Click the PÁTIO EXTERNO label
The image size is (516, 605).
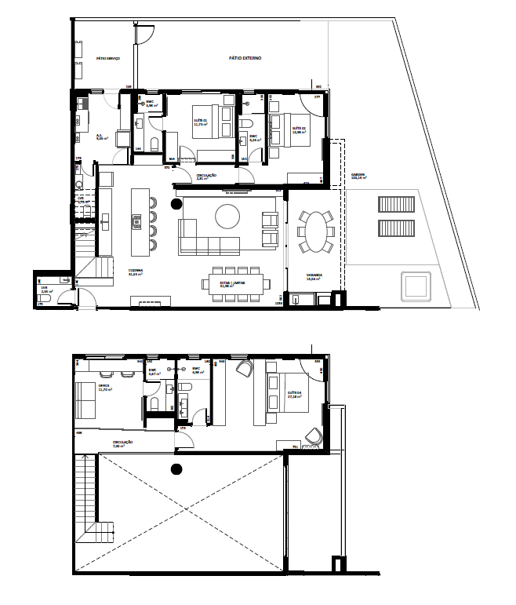coord(245,59)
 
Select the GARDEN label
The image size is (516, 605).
coord(359,177)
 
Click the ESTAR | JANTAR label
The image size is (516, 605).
coord(228,284)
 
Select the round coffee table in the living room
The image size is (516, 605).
coord(228,217)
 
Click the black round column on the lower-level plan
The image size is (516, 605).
coord(176,204)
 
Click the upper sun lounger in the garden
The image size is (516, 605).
coord(394,206)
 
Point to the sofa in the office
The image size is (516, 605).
coord(84,401)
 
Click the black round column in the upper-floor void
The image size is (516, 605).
coord(176,469)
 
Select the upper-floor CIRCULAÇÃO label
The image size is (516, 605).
coord(122,443)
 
